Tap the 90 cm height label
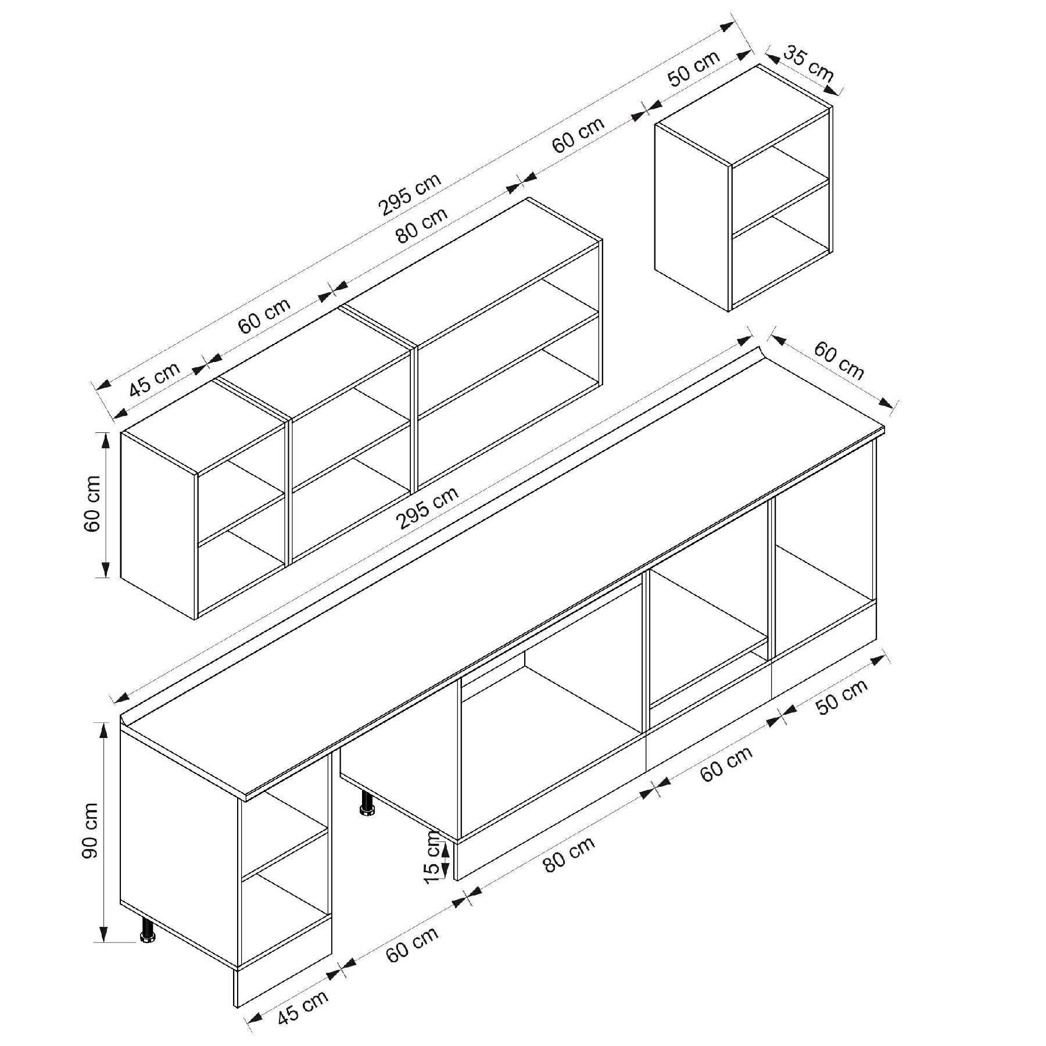pyautogui.click(x=91, y=830)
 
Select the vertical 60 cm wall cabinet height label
pyautogui.click(x=92, y=504)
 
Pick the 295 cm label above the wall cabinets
pyautogui.click(x=410, y=195)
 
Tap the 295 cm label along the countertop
pyautogui.click(x=427, y=508)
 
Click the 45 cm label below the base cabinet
pyautogui.click(x=302, y=1006)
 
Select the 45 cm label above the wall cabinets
pyautogui.click(x=155, y=379)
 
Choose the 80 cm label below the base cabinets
pyautogui.click(x=569, y=854)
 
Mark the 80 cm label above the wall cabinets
pyautogui.click(x=422, y=225)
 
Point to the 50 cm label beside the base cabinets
pyautogui.click(x=841, y=696)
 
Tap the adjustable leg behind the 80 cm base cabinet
pyautogui.click(x=367, y=803)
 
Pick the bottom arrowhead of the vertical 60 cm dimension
pyautogui.click(x=105, y=569)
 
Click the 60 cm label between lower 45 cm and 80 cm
pyautogui.click(x=411, y=945)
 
